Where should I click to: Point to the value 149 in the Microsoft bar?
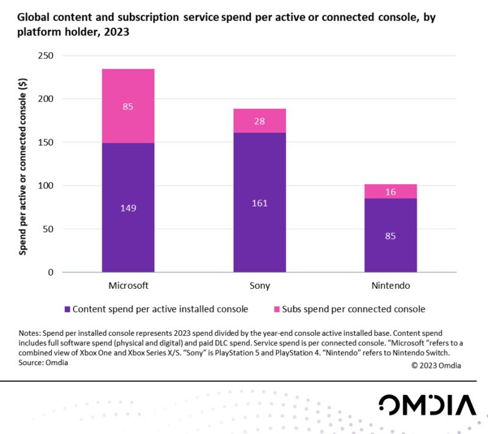coord(128,208)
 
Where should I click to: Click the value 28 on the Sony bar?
coord(259,121)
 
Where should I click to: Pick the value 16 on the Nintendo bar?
coord(391,191)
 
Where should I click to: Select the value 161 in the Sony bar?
coord(259,202)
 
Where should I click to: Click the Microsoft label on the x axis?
coord(128,285)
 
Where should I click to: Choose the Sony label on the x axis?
coord(259,285)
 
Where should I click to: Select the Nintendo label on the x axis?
coord(390,285)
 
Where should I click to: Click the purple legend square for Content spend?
coord(67,309)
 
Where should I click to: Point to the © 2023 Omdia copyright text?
coord(436,365)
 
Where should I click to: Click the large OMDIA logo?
coord(426,405)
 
